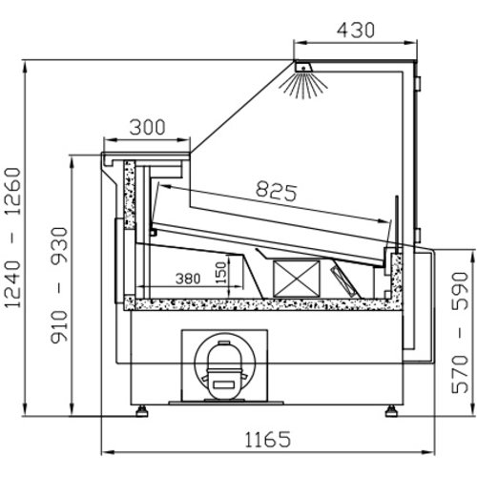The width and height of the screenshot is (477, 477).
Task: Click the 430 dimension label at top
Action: pyautogui.click(x=356, y=31)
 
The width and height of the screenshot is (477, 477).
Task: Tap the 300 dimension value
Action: pyautogui.click(x=147, y=127)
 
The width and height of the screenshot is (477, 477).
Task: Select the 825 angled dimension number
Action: pyautogui.click(x=277, y=191)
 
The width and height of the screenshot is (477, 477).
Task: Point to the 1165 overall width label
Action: pyautogui.click(x=268, y=439)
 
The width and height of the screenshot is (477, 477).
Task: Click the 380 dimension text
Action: pyautogui.click(x=188, y=279)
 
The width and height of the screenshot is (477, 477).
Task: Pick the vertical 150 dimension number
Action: pyautogui.click(x=222, y=273)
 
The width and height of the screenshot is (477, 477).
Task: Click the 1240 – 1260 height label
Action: pyautogui.click(x=13, y=238)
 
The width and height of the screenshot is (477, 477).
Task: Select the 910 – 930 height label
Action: pyautogui.click(x=59, y=285)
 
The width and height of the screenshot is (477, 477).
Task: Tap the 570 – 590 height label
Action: pyautogui.click(x=461, y=332)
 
